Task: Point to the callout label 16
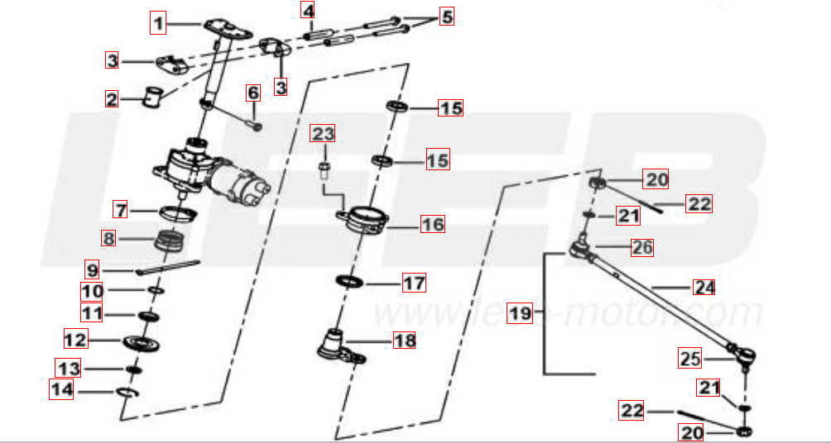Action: tap(432, 223)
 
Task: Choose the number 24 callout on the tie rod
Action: tap(704, 288)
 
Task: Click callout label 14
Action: tap(61, 389)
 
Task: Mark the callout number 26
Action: tap(641, 246)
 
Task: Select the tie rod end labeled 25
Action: tap(744, 356)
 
